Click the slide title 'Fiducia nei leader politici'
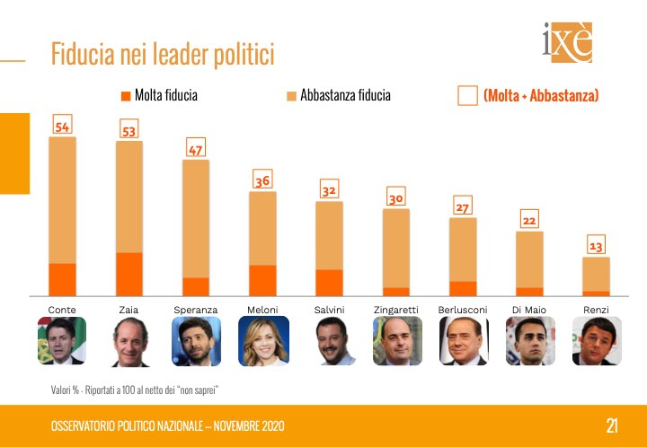[163, 54]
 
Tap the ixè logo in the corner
[567, 42]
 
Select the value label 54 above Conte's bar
[62, 127]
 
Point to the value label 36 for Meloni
[261, 180]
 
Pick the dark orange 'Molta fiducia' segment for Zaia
[129, 274]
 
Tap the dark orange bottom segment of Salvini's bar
[329, 282]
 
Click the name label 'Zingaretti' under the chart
[395, 310]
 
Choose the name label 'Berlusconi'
[462, 310]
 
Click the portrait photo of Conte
[62, 341]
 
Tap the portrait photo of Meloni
[262, 341]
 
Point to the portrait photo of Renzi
[596, 341]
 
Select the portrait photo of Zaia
[129, 341]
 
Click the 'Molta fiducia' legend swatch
[125, 95]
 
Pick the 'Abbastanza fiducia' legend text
[345, 95]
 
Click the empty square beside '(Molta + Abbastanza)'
[467, 96]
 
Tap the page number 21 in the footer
[611, 425]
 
